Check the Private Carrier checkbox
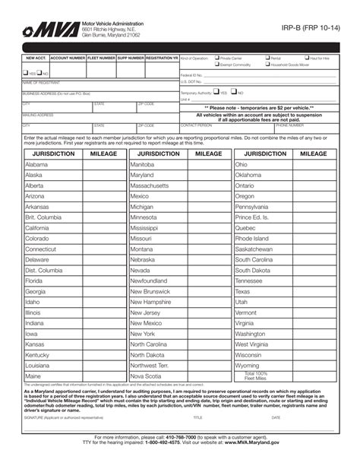pyautogui.click(x=217, y=58)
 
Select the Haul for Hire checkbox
pyautogui.click(x=306, y=58)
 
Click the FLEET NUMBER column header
pyautogui.click(x=101, y=58)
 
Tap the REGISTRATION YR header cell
pyautogui.click(x=162, y=58)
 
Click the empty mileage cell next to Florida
pyautogui.click(x=103, y=281)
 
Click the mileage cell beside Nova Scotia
pyautogui.click(x=208, y=376)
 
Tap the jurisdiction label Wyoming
pyautogui.click(x=248, y=365)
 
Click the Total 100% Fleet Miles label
pyautogui.click(x=257, y=376)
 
